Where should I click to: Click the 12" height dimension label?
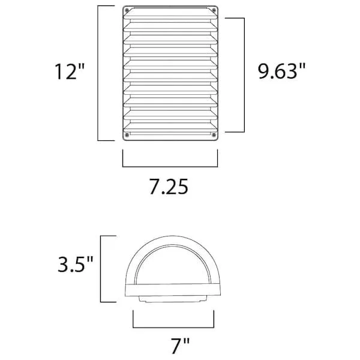tap(70, 71)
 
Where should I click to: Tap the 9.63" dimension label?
tap(282, 71)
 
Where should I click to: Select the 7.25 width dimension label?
tap(169, 187)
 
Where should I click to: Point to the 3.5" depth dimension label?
tap(76, 265)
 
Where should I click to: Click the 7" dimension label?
tap(181, 346)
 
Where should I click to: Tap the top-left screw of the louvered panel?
tap(127, 10)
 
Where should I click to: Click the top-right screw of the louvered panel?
tap(214, 10)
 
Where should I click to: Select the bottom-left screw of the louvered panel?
tap(127, 134)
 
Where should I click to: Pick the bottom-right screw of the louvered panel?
tap(214, 134)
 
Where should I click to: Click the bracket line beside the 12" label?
tap(98, 73)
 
